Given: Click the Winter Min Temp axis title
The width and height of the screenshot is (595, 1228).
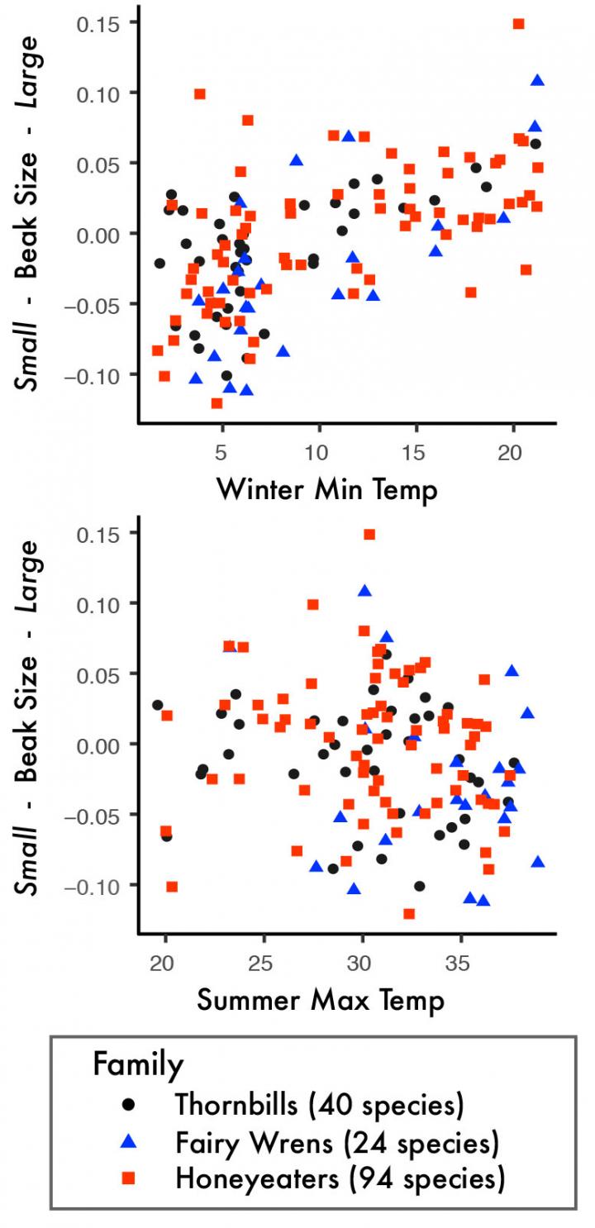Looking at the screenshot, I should (x=326, y=490).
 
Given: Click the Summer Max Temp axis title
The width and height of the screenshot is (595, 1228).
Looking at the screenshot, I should (x=321, y=1001).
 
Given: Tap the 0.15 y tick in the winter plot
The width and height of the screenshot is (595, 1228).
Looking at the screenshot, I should (x=96, y=23).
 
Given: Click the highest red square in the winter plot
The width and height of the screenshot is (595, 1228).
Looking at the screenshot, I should (x=518, y=24).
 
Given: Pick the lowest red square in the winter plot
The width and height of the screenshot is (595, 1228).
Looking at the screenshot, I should (x=217, y=403).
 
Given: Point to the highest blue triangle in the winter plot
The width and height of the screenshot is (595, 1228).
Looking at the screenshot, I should (x=537, y=80).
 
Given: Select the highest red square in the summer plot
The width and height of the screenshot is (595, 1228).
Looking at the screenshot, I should (x=369, y=535).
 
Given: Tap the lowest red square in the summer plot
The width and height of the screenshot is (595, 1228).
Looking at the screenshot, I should (x=408, y=913).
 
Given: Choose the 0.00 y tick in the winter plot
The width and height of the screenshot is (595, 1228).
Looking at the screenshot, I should (x=96, y=234).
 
